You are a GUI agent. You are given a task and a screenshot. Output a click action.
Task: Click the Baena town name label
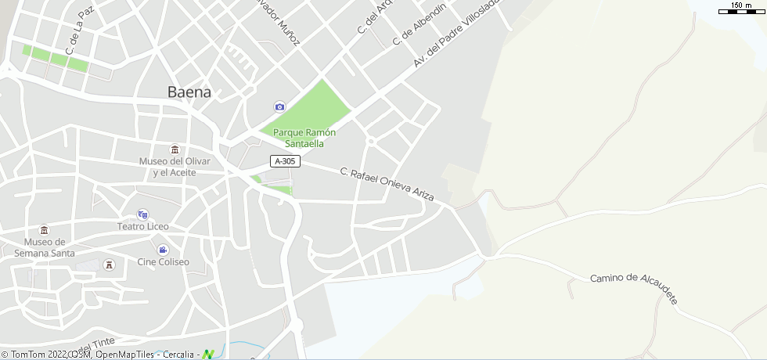189,92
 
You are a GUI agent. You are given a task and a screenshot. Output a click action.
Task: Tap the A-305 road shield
286,161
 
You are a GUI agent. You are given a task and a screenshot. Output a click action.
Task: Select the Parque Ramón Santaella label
304,138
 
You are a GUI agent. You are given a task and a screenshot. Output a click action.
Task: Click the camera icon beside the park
279,106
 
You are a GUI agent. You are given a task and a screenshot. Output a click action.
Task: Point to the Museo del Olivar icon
175,149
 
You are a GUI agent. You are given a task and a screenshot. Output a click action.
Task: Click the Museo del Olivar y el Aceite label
175,166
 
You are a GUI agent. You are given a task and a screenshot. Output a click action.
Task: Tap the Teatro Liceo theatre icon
142,214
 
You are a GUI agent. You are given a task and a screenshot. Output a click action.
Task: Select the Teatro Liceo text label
143,226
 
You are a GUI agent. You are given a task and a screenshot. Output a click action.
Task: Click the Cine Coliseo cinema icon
163,250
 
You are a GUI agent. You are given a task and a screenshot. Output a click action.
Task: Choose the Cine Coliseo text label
163,261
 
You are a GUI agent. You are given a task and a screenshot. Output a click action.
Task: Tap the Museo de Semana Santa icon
44,230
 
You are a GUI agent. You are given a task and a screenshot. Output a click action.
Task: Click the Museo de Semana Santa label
45,247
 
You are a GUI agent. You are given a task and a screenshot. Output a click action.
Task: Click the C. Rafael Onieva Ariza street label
387,185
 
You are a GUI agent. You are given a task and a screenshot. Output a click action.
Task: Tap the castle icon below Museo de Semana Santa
110,265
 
